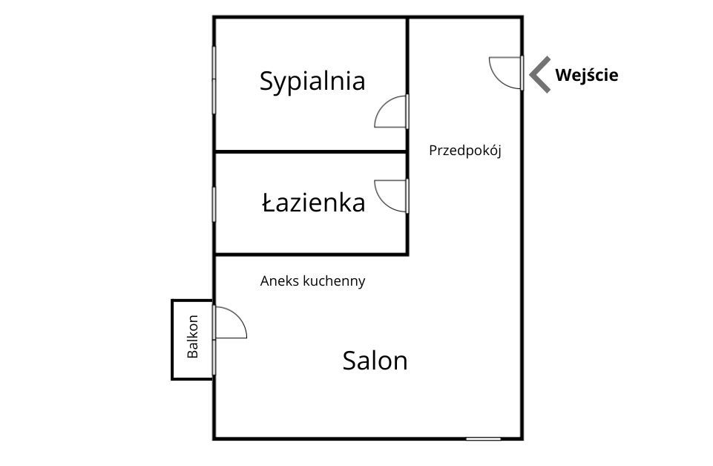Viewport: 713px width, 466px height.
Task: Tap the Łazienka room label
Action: coord(313,203)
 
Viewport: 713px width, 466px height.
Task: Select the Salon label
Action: coord(375,361)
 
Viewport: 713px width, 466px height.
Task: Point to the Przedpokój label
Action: coord(465,151)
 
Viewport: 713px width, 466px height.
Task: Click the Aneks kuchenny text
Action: coord(313,281)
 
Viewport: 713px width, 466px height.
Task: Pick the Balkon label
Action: coord(193,336)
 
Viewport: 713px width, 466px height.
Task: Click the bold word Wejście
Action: coord(587,75)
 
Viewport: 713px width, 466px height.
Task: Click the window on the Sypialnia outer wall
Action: coord(214,79)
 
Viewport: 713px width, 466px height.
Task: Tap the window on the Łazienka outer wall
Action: coord(214,204)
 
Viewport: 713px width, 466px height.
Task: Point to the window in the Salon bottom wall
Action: coord(483,439)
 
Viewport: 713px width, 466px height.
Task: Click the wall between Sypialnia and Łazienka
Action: coord(311,151)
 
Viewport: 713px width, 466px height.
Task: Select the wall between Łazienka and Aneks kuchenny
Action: coord(311,255)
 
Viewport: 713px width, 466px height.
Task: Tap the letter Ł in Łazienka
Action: coord(269,203)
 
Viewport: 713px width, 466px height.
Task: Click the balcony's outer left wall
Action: coord(173,340)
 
